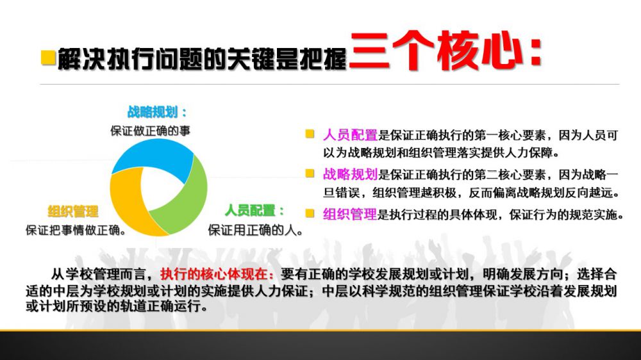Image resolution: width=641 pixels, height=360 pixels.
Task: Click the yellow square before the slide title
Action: click(48, 57)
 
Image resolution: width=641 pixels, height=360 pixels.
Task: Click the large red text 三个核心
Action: click(435, 51)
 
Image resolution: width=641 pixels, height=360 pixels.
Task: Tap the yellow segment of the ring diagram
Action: click(127, 204)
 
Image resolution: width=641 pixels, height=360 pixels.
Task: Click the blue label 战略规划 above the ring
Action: click(152, 112)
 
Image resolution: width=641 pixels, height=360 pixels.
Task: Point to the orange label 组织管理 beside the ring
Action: click(73, 211)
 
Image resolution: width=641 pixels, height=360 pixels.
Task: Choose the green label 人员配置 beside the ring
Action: click(250, 211)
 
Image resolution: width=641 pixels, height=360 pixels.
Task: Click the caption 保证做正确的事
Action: click(151, 131)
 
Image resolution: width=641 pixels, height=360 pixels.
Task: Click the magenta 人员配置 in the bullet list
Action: click(350, 135)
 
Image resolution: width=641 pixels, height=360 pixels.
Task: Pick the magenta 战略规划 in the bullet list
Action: click(350, 174)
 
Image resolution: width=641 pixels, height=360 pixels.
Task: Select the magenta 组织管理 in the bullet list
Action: click(350, 214)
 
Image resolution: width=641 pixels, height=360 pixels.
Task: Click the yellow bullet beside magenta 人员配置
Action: click(310, 134)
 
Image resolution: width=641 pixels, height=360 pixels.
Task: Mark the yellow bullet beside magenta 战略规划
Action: click(310, 173)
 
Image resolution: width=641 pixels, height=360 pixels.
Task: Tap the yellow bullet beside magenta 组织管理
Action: click(310, 213)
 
